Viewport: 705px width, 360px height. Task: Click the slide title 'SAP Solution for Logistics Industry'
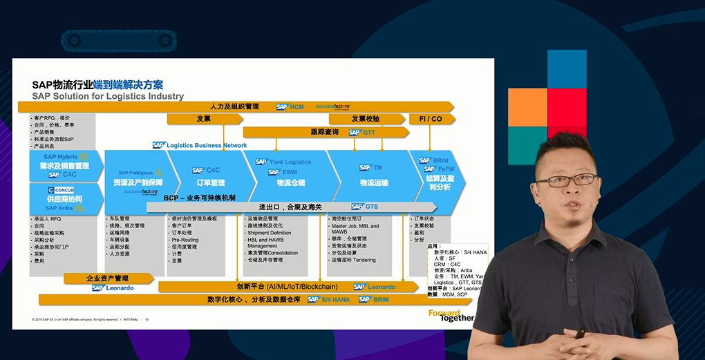pos(108,96)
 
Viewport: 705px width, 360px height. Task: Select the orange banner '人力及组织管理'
pos(234,106)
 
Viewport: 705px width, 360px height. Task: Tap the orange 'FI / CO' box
pos(431,119)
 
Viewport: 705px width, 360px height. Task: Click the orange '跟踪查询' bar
pos(324,131)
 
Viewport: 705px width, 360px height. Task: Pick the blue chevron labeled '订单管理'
pos(208,182)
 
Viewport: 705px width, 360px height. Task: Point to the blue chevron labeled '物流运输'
pos(374,182)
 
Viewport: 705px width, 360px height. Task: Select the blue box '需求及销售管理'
pos(65,166)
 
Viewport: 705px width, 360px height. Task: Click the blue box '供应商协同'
pos(65,199)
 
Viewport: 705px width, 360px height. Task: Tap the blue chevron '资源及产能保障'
pos(138,182)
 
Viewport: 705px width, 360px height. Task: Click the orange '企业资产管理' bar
pos(107,278)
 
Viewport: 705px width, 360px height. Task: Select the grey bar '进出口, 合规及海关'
pos(290,207)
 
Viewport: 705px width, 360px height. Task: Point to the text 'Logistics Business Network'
pos(207,145)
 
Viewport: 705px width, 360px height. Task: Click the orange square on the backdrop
pos(527,107)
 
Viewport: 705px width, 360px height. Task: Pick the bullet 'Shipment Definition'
pos(270,233)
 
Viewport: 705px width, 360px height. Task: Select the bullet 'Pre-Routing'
pos(185,240)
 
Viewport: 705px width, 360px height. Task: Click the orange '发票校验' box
pos(366,119)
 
